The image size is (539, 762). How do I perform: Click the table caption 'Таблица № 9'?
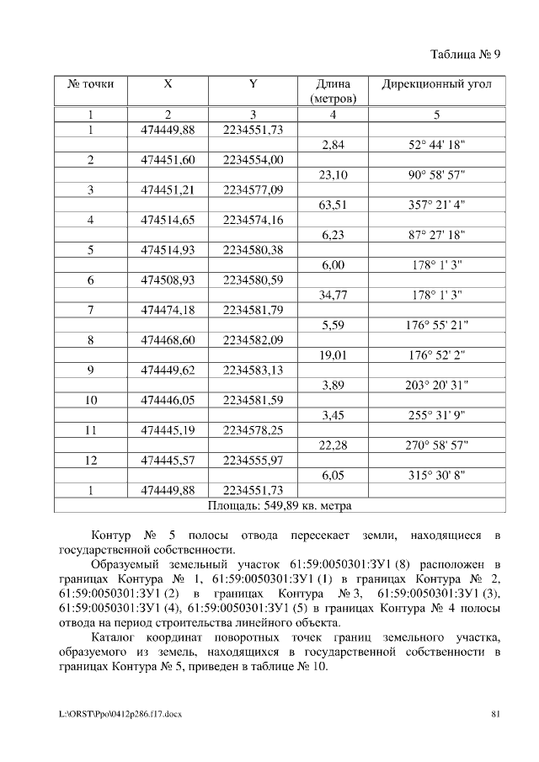coord(465,56)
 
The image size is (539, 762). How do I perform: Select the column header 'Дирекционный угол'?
coord(436,85)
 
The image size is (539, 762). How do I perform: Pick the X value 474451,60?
coord(168,160)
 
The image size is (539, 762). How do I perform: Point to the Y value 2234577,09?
coord(253,190)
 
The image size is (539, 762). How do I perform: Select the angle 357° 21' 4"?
coord(436,205)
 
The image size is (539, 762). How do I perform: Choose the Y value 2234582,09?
coord(253,340)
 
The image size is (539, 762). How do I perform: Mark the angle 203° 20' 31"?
coord(436,386)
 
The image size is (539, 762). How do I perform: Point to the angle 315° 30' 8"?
coord(436,476)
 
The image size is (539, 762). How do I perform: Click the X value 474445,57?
coord(168,461)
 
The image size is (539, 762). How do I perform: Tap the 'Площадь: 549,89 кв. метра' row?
coord(279,506)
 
